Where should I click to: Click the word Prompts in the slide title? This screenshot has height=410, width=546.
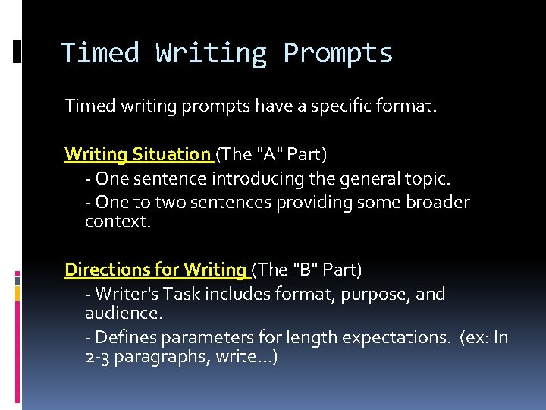click(337, 54)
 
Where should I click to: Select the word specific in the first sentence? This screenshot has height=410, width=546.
click(346, 106)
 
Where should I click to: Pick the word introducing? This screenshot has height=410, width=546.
click(262, 178)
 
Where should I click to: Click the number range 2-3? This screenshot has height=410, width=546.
click(97, 356)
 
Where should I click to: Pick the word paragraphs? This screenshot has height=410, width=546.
click(150, 356)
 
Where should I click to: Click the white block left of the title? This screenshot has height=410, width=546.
click(17, 51)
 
